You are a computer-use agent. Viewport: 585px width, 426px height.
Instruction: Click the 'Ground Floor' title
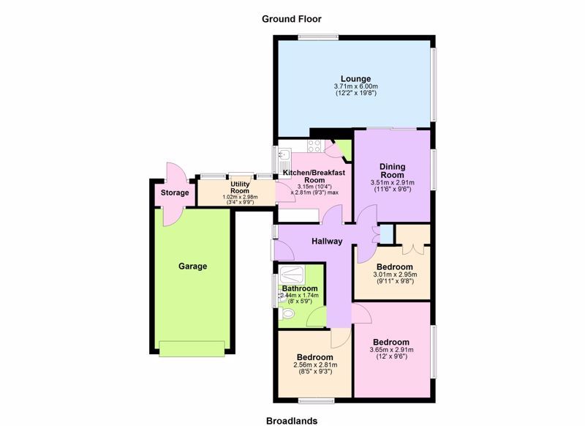(x=292, y=19)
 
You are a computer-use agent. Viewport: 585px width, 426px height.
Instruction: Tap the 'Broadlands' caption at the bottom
(x=292, y=420)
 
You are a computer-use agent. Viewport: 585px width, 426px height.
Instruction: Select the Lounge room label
(x=355, y=79)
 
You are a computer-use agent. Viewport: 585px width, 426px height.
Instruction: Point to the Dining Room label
(x=392, y=171)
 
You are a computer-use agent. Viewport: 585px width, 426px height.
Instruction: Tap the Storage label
(x=175, y=193)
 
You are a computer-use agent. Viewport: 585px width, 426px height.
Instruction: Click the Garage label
(x=194, y=266)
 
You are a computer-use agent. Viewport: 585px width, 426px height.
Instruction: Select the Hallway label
(x=327, y=242)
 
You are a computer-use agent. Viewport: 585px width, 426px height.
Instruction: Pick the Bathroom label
(x=298, y=288)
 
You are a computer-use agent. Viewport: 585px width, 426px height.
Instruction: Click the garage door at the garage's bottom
(x=194, y=348)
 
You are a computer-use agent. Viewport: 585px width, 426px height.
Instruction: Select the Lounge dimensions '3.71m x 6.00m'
(x=355, y=89)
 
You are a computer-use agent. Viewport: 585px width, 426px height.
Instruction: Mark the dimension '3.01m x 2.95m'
(x=392, y=276)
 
